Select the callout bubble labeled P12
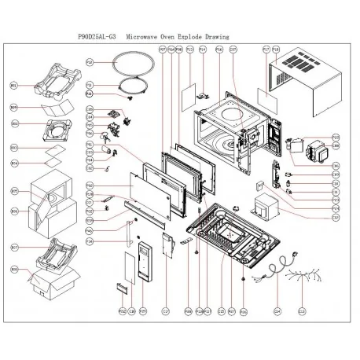click(x=90, y=61)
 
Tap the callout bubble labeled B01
click(x=14, y=85)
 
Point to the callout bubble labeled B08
click(x=14, y=268)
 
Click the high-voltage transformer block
click(x=263, y=211)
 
